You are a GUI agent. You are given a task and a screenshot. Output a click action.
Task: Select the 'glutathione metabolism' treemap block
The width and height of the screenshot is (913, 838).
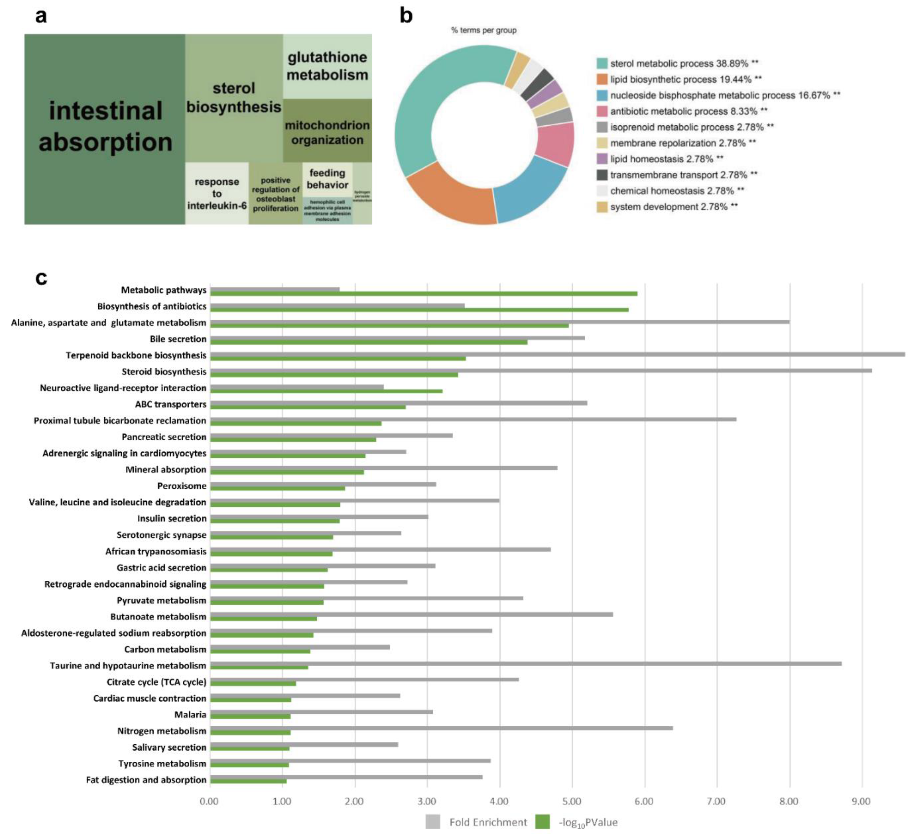point(327,66)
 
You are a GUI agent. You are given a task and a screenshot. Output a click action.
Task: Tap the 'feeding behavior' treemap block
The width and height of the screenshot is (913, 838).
point(327,179)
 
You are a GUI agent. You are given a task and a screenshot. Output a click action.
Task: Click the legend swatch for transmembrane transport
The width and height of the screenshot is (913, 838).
point(602,175)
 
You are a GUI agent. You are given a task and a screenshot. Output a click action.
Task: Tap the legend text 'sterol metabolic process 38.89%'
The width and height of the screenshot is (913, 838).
point(678,63)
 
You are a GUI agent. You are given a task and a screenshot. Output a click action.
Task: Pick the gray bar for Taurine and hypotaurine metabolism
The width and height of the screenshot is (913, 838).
point(526,663)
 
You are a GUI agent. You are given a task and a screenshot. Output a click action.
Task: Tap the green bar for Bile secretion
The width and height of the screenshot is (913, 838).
point(368,342)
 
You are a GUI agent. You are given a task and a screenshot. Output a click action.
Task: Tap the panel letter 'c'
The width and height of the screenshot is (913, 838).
point(41,278)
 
